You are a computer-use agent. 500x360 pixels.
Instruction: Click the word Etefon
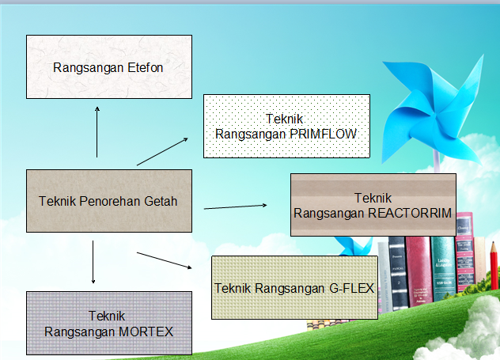click(145, 68)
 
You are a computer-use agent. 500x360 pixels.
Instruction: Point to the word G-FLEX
click(351, 288)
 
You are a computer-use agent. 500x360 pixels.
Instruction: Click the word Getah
click(161, 201)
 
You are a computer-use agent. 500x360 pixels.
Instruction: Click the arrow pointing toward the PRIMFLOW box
click(163, 151)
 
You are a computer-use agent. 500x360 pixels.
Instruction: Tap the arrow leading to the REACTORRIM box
click(236, 207)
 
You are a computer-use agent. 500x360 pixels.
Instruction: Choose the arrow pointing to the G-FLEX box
click(165, 260)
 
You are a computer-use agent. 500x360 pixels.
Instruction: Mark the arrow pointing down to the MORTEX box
click(93, 261)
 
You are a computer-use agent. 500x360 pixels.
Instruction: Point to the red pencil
click(493, 269)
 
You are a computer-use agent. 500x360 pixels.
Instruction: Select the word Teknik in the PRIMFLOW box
click(286, 119)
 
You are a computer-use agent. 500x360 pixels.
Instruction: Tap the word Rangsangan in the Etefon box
click(88, 68)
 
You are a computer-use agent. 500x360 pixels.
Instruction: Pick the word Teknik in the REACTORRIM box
click(373, 198)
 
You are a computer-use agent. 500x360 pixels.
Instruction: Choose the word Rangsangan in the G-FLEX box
click(287, 288)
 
